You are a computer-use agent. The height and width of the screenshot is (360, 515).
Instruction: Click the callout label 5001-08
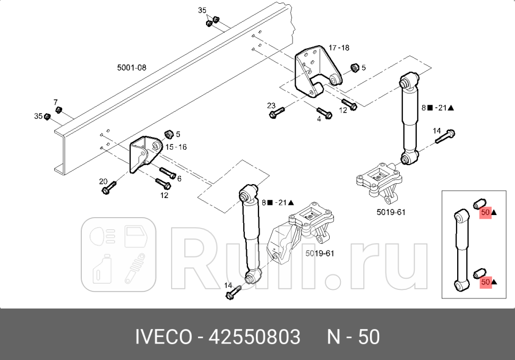131,68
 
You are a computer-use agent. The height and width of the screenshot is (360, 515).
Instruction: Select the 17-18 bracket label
339,48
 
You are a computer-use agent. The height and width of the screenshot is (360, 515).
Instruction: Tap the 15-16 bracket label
176,147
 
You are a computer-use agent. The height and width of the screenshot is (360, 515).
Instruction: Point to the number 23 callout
271,106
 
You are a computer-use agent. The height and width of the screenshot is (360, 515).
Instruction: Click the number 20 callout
103,182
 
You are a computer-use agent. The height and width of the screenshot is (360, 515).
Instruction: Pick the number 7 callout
55,101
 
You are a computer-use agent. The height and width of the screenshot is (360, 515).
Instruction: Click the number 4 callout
319,119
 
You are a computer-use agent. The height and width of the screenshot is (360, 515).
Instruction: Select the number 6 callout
179,179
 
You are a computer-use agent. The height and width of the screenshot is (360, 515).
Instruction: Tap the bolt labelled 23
278,113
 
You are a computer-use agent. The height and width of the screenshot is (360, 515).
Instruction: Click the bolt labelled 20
110,188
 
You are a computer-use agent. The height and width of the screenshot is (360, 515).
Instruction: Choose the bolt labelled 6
168,173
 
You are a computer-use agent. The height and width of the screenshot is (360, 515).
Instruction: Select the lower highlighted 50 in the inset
485,282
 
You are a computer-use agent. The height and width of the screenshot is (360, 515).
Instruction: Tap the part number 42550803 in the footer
255,337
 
